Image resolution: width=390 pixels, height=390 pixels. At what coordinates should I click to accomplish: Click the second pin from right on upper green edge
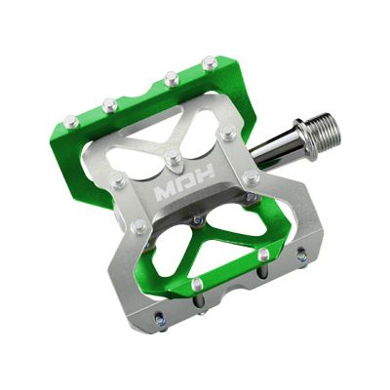(x=171, y=77)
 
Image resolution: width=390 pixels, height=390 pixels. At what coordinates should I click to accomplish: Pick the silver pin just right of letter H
(x=251, y=177)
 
